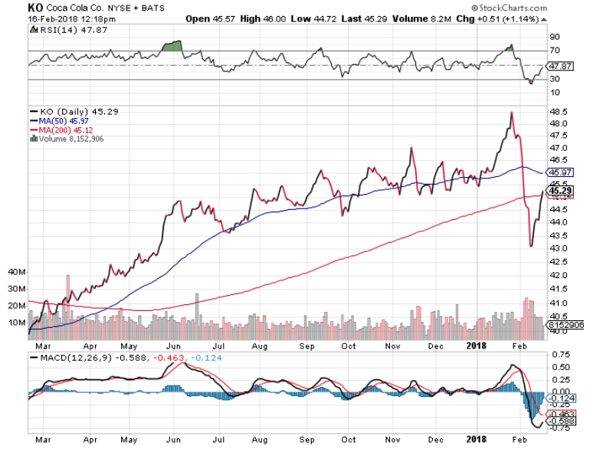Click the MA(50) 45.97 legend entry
click(x=57, y=120)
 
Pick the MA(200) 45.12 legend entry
click(x=59, y=129)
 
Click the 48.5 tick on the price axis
click(x=558, y=111)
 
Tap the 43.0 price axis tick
click(x=558, y=249)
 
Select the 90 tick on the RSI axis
click(x=554, y=36)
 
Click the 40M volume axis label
click(x=17, y=272)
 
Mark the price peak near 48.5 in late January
click(x=510, y=112)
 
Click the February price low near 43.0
click(x=531, y=246)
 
